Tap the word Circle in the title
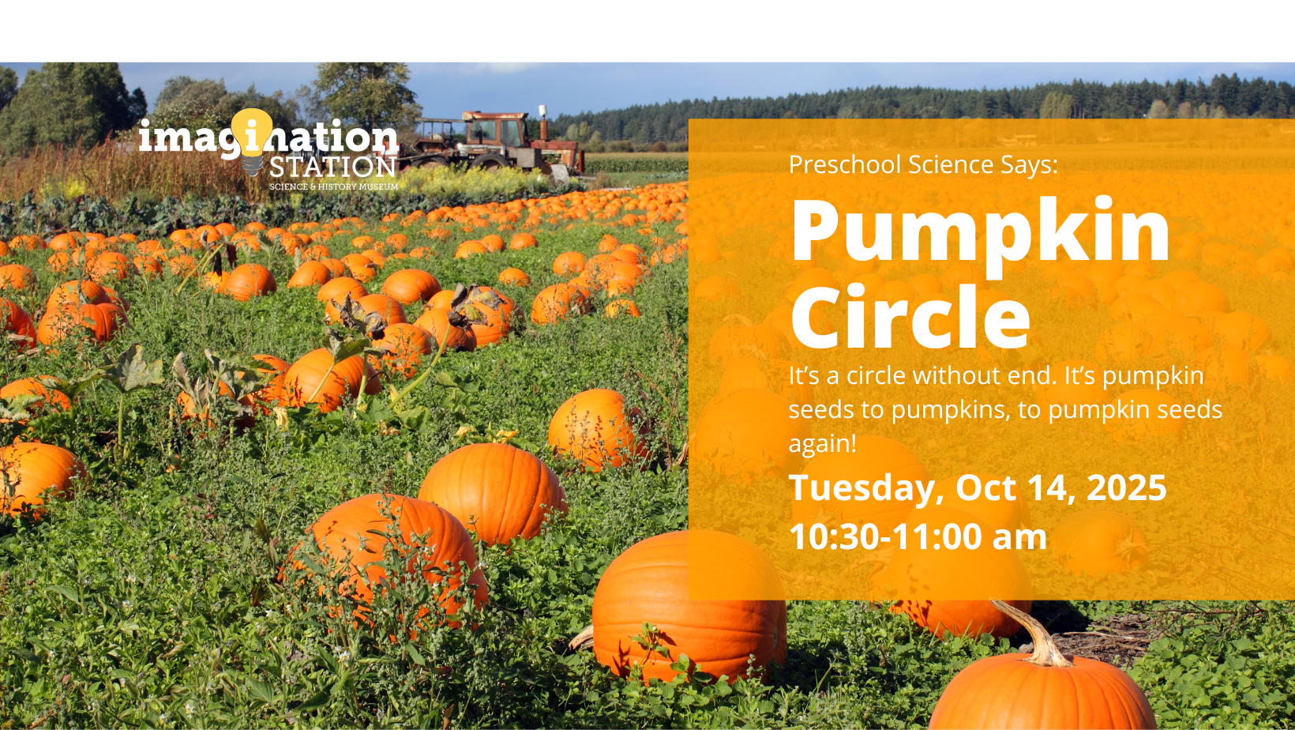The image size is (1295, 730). (x=910, y=316)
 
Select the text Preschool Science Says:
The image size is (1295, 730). (x=923, y=164)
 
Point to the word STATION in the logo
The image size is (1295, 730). (x=332, y=167)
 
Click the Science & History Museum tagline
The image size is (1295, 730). (x=333, y=186)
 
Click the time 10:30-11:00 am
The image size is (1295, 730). (x=918, y=536)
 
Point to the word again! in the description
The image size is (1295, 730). (x=822, y=444)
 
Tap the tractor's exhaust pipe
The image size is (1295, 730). (x=542, y=122)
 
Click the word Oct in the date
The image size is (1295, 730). (x=985, y=487)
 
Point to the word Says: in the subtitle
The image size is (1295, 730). (x=1029, y=164)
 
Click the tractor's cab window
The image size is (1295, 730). (x=497, y=133)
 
